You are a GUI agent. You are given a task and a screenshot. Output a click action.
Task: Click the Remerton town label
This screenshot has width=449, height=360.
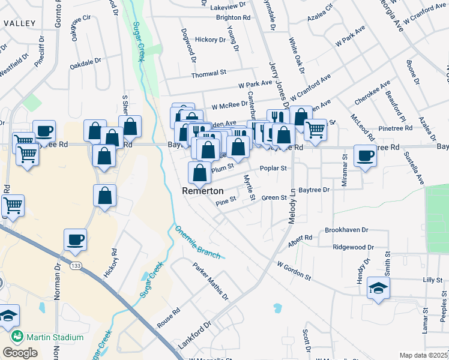203,191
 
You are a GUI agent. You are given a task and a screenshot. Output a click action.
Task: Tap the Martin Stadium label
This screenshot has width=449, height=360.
52,337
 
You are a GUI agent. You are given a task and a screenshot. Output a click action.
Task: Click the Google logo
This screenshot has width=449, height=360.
20,353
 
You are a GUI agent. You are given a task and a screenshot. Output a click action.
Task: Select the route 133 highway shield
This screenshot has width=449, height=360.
76,265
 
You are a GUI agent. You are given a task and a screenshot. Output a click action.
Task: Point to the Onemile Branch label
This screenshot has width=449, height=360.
197,242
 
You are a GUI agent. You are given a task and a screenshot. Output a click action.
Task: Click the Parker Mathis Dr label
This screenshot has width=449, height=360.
211,281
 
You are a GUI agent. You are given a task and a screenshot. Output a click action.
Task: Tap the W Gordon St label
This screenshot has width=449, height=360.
294,270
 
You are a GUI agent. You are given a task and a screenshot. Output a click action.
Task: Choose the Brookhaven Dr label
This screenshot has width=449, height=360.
346,230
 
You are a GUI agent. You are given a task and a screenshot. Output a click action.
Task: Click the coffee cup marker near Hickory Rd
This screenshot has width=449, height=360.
76,239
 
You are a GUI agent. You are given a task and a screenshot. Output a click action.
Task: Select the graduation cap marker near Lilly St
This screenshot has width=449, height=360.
379,288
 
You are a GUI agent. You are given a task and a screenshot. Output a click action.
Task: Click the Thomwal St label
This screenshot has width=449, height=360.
208,75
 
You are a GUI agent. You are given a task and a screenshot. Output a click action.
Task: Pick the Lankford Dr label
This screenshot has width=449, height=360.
196,335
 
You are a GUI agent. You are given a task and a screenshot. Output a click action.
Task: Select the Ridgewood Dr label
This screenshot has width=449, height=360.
354,247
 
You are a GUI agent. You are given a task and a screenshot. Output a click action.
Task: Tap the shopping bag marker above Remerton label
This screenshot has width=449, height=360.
199,172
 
